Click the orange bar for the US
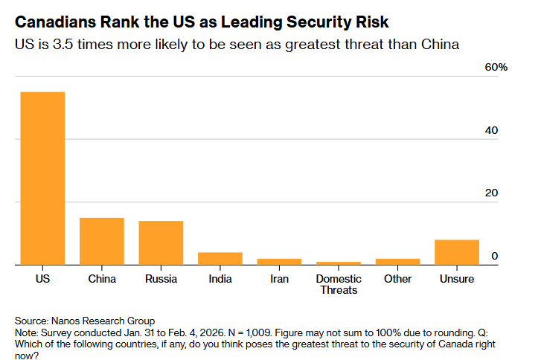[42, 178]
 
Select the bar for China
[101, 241]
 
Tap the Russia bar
[161, 242]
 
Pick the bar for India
[220, 258]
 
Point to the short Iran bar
[279, 261]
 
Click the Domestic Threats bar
[339, 263]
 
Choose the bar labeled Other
[397, 261]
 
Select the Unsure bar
[457, 252]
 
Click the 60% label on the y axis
[496, 67]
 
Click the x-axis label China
[101, 279]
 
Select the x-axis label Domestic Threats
[339, 284]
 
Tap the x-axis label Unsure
[457, 279]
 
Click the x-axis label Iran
[279, 279]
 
